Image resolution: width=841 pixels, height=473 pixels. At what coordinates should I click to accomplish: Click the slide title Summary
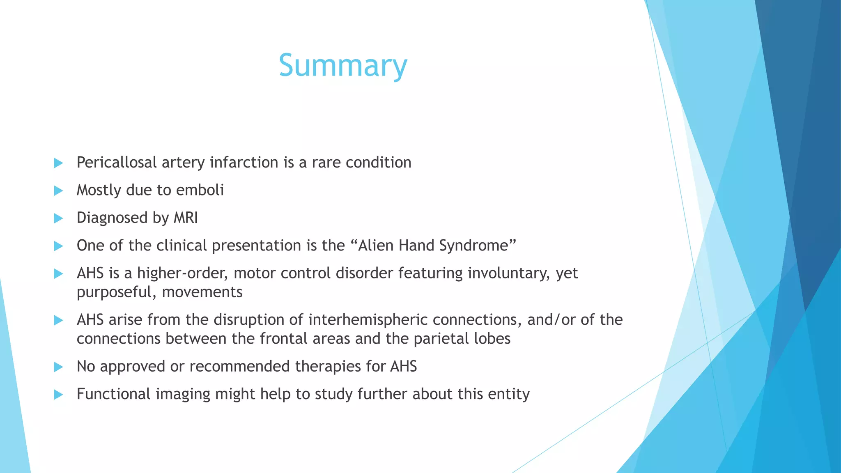point(343,66)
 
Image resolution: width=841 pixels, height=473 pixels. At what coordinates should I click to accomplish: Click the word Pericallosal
point(117,163)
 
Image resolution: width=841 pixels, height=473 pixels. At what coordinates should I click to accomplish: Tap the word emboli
point(200,190)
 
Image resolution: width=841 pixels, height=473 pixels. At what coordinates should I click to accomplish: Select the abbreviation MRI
point(186,218)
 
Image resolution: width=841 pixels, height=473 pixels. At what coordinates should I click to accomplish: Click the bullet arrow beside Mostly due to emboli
point(58,191)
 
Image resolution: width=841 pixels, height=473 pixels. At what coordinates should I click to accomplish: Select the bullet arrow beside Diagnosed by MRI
point(58,218)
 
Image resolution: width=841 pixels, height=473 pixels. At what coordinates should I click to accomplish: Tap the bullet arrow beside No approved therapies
point(58,367)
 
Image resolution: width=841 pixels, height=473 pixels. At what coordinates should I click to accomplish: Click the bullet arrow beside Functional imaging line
point(58,395)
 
